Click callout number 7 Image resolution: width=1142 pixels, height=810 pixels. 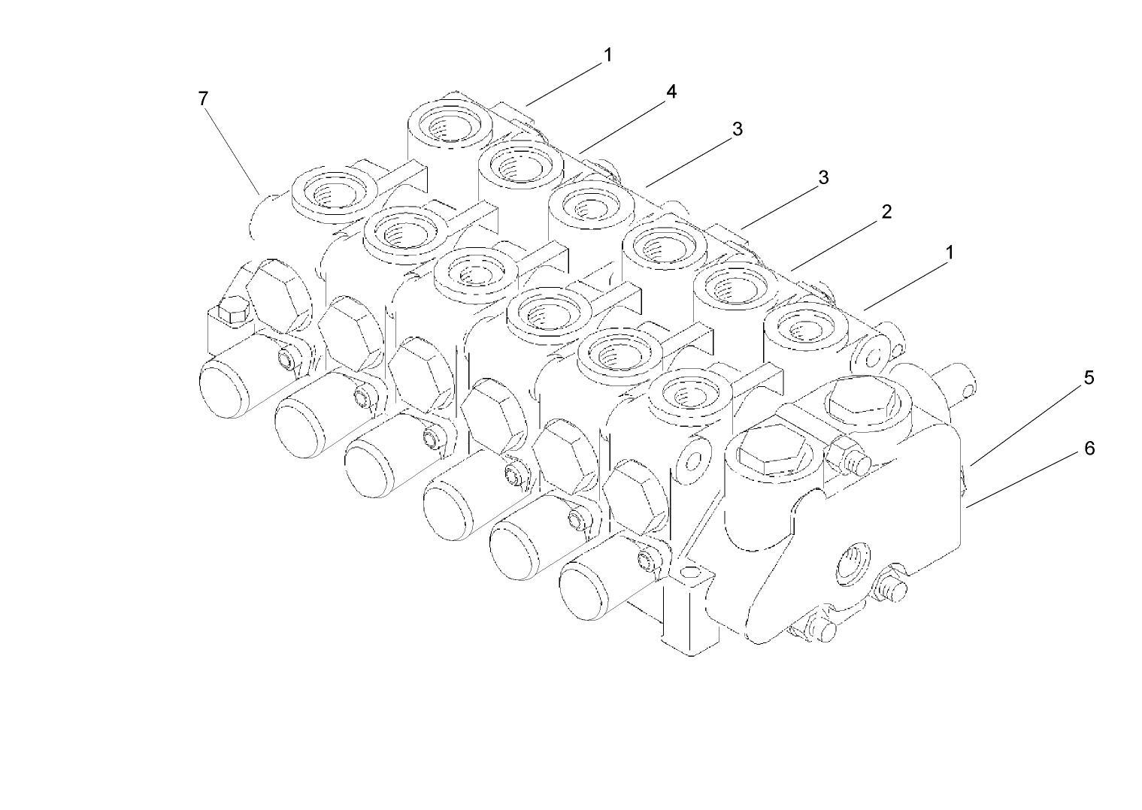tap(203, 98)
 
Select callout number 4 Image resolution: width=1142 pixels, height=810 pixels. tap(671, 92)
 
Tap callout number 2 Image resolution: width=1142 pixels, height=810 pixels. tap(886, 212)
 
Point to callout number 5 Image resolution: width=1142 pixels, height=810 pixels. tap(1089, 378)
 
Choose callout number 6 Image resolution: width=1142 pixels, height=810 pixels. tap(1089, 449)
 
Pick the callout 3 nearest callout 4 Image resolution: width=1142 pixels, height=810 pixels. tap(738, 129)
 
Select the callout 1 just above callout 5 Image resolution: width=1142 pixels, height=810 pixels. tap(950, 252)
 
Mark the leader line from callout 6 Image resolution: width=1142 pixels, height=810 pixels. tap(1026, 478)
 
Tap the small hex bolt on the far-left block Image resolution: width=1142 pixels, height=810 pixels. tap(229, 313)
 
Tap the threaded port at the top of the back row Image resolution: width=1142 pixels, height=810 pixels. tap(450, 122)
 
